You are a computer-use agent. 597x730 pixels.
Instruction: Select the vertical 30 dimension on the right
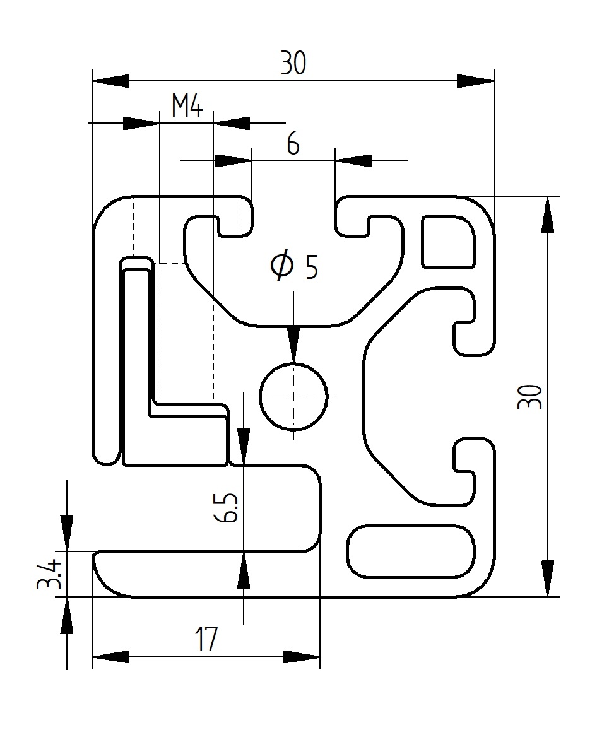tap(529, 396)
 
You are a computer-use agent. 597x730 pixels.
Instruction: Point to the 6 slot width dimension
tap(293, 144)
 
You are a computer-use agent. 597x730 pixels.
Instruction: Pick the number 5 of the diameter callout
tap(311, 268)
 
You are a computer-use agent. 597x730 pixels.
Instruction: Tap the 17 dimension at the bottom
tap(206, 639)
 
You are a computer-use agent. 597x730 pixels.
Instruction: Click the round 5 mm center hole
tap(294, 396)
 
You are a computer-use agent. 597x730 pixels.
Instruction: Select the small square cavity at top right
tap(447, 242)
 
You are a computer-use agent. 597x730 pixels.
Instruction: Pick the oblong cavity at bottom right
tap(411, 551)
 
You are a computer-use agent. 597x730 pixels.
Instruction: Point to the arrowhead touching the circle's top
tap(293, 345)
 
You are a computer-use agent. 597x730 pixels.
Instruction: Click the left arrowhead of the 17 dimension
tap(111, 657)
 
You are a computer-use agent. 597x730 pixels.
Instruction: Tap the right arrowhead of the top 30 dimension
tap(475, 81)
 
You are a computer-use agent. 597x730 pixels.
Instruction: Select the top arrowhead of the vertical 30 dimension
tap(547, 215)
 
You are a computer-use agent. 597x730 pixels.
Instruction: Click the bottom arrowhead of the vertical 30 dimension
tap(547, 578)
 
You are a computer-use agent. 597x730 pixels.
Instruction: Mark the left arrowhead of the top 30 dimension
tap(111, 81)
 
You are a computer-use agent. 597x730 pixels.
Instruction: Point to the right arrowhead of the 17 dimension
tap(302, 657)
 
